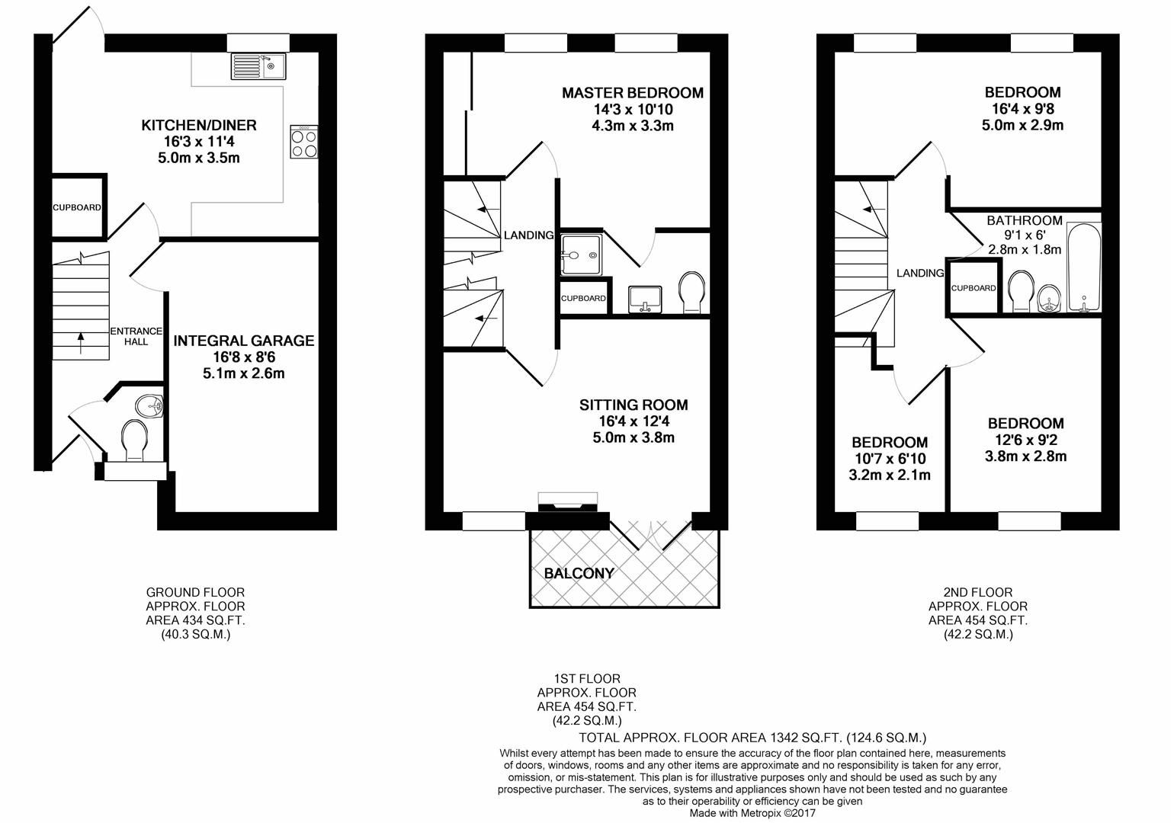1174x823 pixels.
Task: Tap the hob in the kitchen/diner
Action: pos(303,142)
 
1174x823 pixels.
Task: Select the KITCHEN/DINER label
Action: pos(199,125)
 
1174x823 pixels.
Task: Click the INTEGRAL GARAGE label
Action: pos(244,341)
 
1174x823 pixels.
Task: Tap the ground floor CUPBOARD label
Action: pos(77,207)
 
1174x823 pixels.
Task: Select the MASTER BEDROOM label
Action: pos(633,93)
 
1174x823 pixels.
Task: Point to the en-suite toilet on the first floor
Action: pos(692,292)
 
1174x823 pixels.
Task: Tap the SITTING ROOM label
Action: pos(634,405)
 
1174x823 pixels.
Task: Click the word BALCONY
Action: pos(579,573)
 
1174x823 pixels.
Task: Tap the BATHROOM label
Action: pos(1025,221)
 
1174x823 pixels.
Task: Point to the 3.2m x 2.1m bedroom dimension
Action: pos(890,476)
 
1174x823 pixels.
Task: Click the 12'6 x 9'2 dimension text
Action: pos(1026,440)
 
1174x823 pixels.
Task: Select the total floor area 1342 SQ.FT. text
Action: pos(752,737)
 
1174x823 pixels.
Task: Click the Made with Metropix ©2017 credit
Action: pos(752,813)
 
